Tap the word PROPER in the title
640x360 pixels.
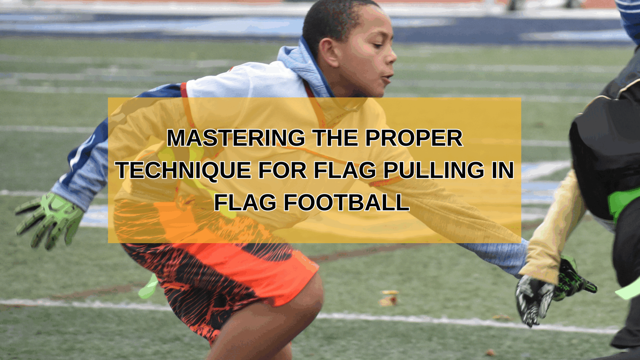click(x=414, y=138)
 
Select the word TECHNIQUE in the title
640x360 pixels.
click(x=184, y=170)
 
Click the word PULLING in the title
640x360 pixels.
click(x=434, y=170)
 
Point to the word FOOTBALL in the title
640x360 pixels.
click(x=346, y=202)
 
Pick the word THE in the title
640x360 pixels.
click(x=336, y=138)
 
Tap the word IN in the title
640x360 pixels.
click(x=503, y=170)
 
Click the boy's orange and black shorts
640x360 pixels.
click(x=219, y=275)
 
